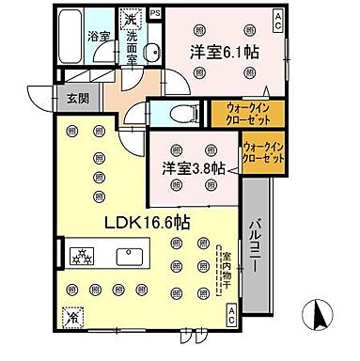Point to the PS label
coord(154,14)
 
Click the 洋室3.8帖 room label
coord(191,168)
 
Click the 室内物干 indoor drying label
coord(223,269)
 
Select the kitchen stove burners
coord(80,254)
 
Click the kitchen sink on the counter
coord(128,254)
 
